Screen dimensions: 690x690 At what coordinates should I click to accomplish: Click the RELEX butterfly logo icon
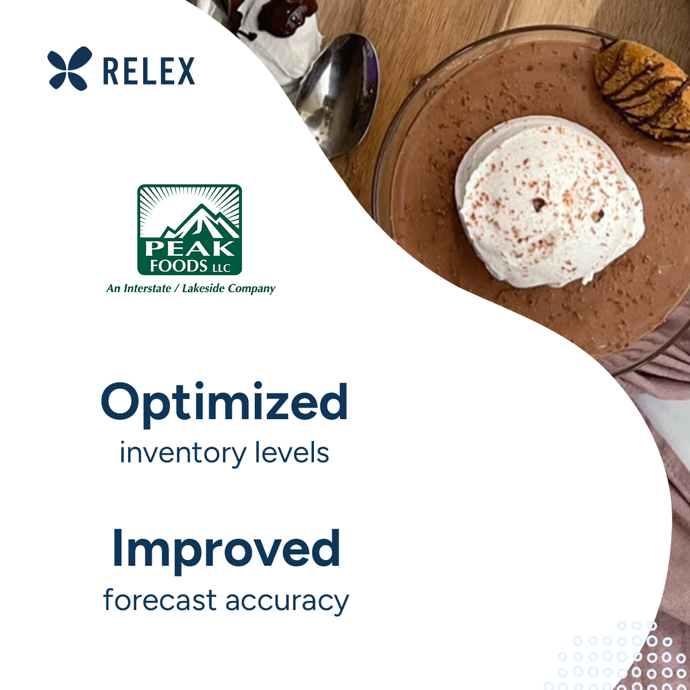69,68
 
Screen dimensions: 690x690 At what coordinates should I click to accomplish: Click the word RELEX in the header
149,71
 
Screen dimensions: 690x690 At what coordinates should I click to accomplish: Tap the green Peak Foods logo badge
189,229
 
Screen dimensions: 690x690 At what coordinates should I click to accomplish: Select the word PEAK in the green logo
189,248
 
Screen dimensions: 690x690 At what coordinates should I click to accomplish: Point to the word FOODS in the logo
178,266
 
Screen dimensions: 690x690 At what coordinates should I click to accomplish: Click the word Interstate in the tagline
147,288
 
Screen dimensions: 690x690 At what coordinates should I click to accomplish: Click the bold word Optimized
224,403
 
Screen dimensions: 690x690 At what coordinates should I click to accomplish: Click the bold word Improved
226,550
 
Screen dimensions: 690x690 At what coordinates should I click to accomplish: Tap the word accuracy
287,601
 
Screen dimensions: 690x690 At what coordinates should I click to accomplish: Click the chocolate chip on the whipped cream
539,203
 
